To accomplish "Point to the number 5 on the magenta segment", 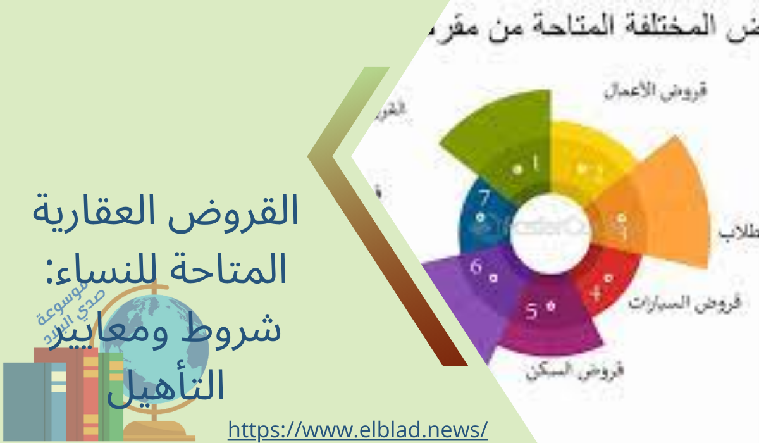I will [533, 311].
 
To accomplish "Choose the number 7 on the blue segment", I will [484, 199].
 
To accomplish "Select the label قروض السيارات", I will [674, 303].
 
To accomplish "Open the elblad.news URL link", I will [357, 430].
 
